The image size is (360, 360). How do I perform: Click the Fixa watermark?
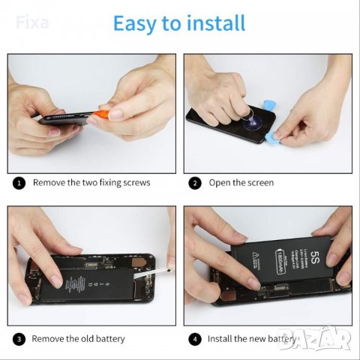(x=32, y=22)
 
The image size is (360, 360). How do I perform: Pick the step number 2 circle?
(x=195, y=182)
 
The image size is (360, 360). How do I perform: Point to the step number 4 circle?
(x=195, y=339)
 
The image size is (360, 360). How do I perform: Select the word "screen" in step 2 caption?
(x=259, y=182)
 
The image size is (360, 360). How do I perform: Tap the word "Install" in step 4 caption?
(x=223, y=339)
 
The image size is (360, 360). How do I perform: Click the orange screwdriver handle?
(x=100, y=115)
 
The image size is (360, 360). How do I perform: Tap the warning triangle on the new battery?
(x=260, y=256)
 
